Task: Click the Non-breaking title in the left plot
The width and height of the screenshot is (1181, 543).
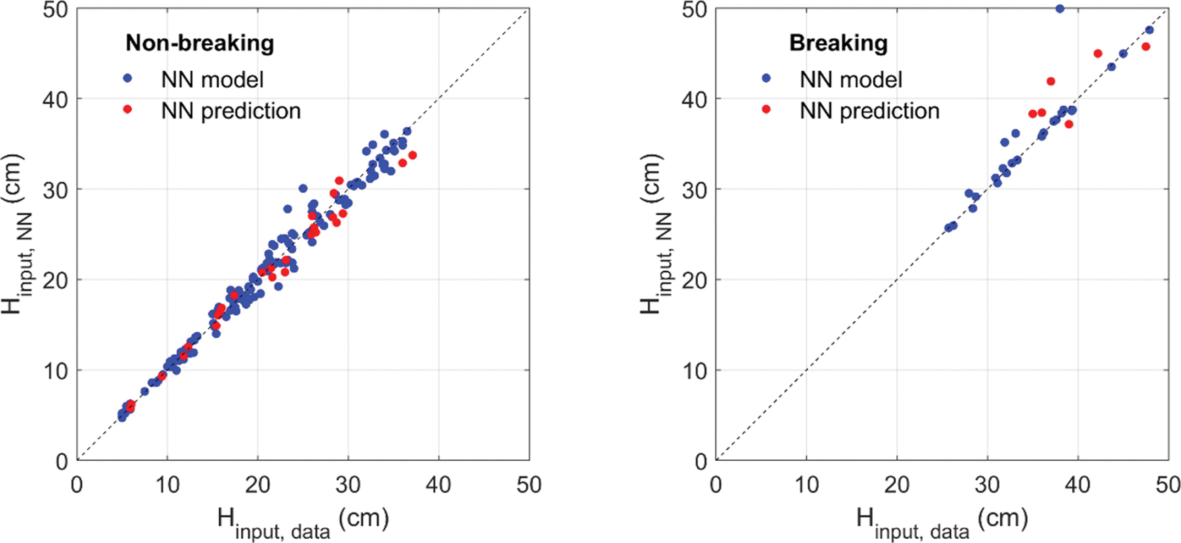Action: pyautogui.click(x=199, y=44)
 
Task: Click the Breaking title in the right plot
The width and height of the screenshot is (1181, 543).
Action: pyautogui.click(x=838, y=44)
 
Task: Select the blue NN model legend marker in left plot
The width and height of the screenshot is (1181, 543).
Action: pyautogui.click(x=127, y=78)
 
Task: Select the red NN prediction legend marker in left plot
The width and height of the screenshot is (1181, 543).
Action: pyautogui.click(x=127, y=109)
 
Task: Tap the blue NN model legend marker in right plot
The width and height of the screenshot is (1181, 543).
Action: pyautogui.click(x=766, y=78)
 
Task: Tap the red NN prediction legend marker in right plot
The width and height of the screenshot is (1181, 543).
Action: pyautogui.click(x=766, y=109)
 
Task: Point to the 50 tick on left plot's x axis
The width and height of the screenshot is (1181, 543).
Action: pyautogui.click(x=528, y=485)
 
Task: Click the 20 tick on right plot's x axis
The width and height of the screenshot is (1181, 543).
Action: pyautogui.click(x=896, y=485)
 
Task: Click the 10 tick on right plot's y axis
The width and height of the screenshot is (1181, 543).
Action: pyautogui.click(x=694, y=371)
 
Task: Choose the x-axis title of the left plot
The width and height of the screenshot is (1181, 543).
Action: pyautogui.click(x=303, y=522)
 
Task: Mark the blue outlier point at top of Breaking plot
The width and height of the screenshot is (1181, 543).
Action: pyautogui.click(x=1060, y=9)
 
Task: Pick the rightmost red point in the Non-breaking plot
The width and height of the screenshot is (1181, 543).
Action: pyautogui.click(x=412, y=156)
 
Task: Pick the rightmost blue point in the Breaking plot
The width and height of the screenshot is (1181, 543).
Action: pyautogui.click(x=1149, y=30)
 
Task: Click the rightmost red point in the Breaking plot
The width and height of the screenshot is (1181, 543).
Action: pyautogui.click(x=1146, y=47)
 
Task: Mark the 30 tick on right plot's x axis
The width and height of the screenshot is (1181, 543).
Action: pyautogui.click(x=987, y=485)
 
